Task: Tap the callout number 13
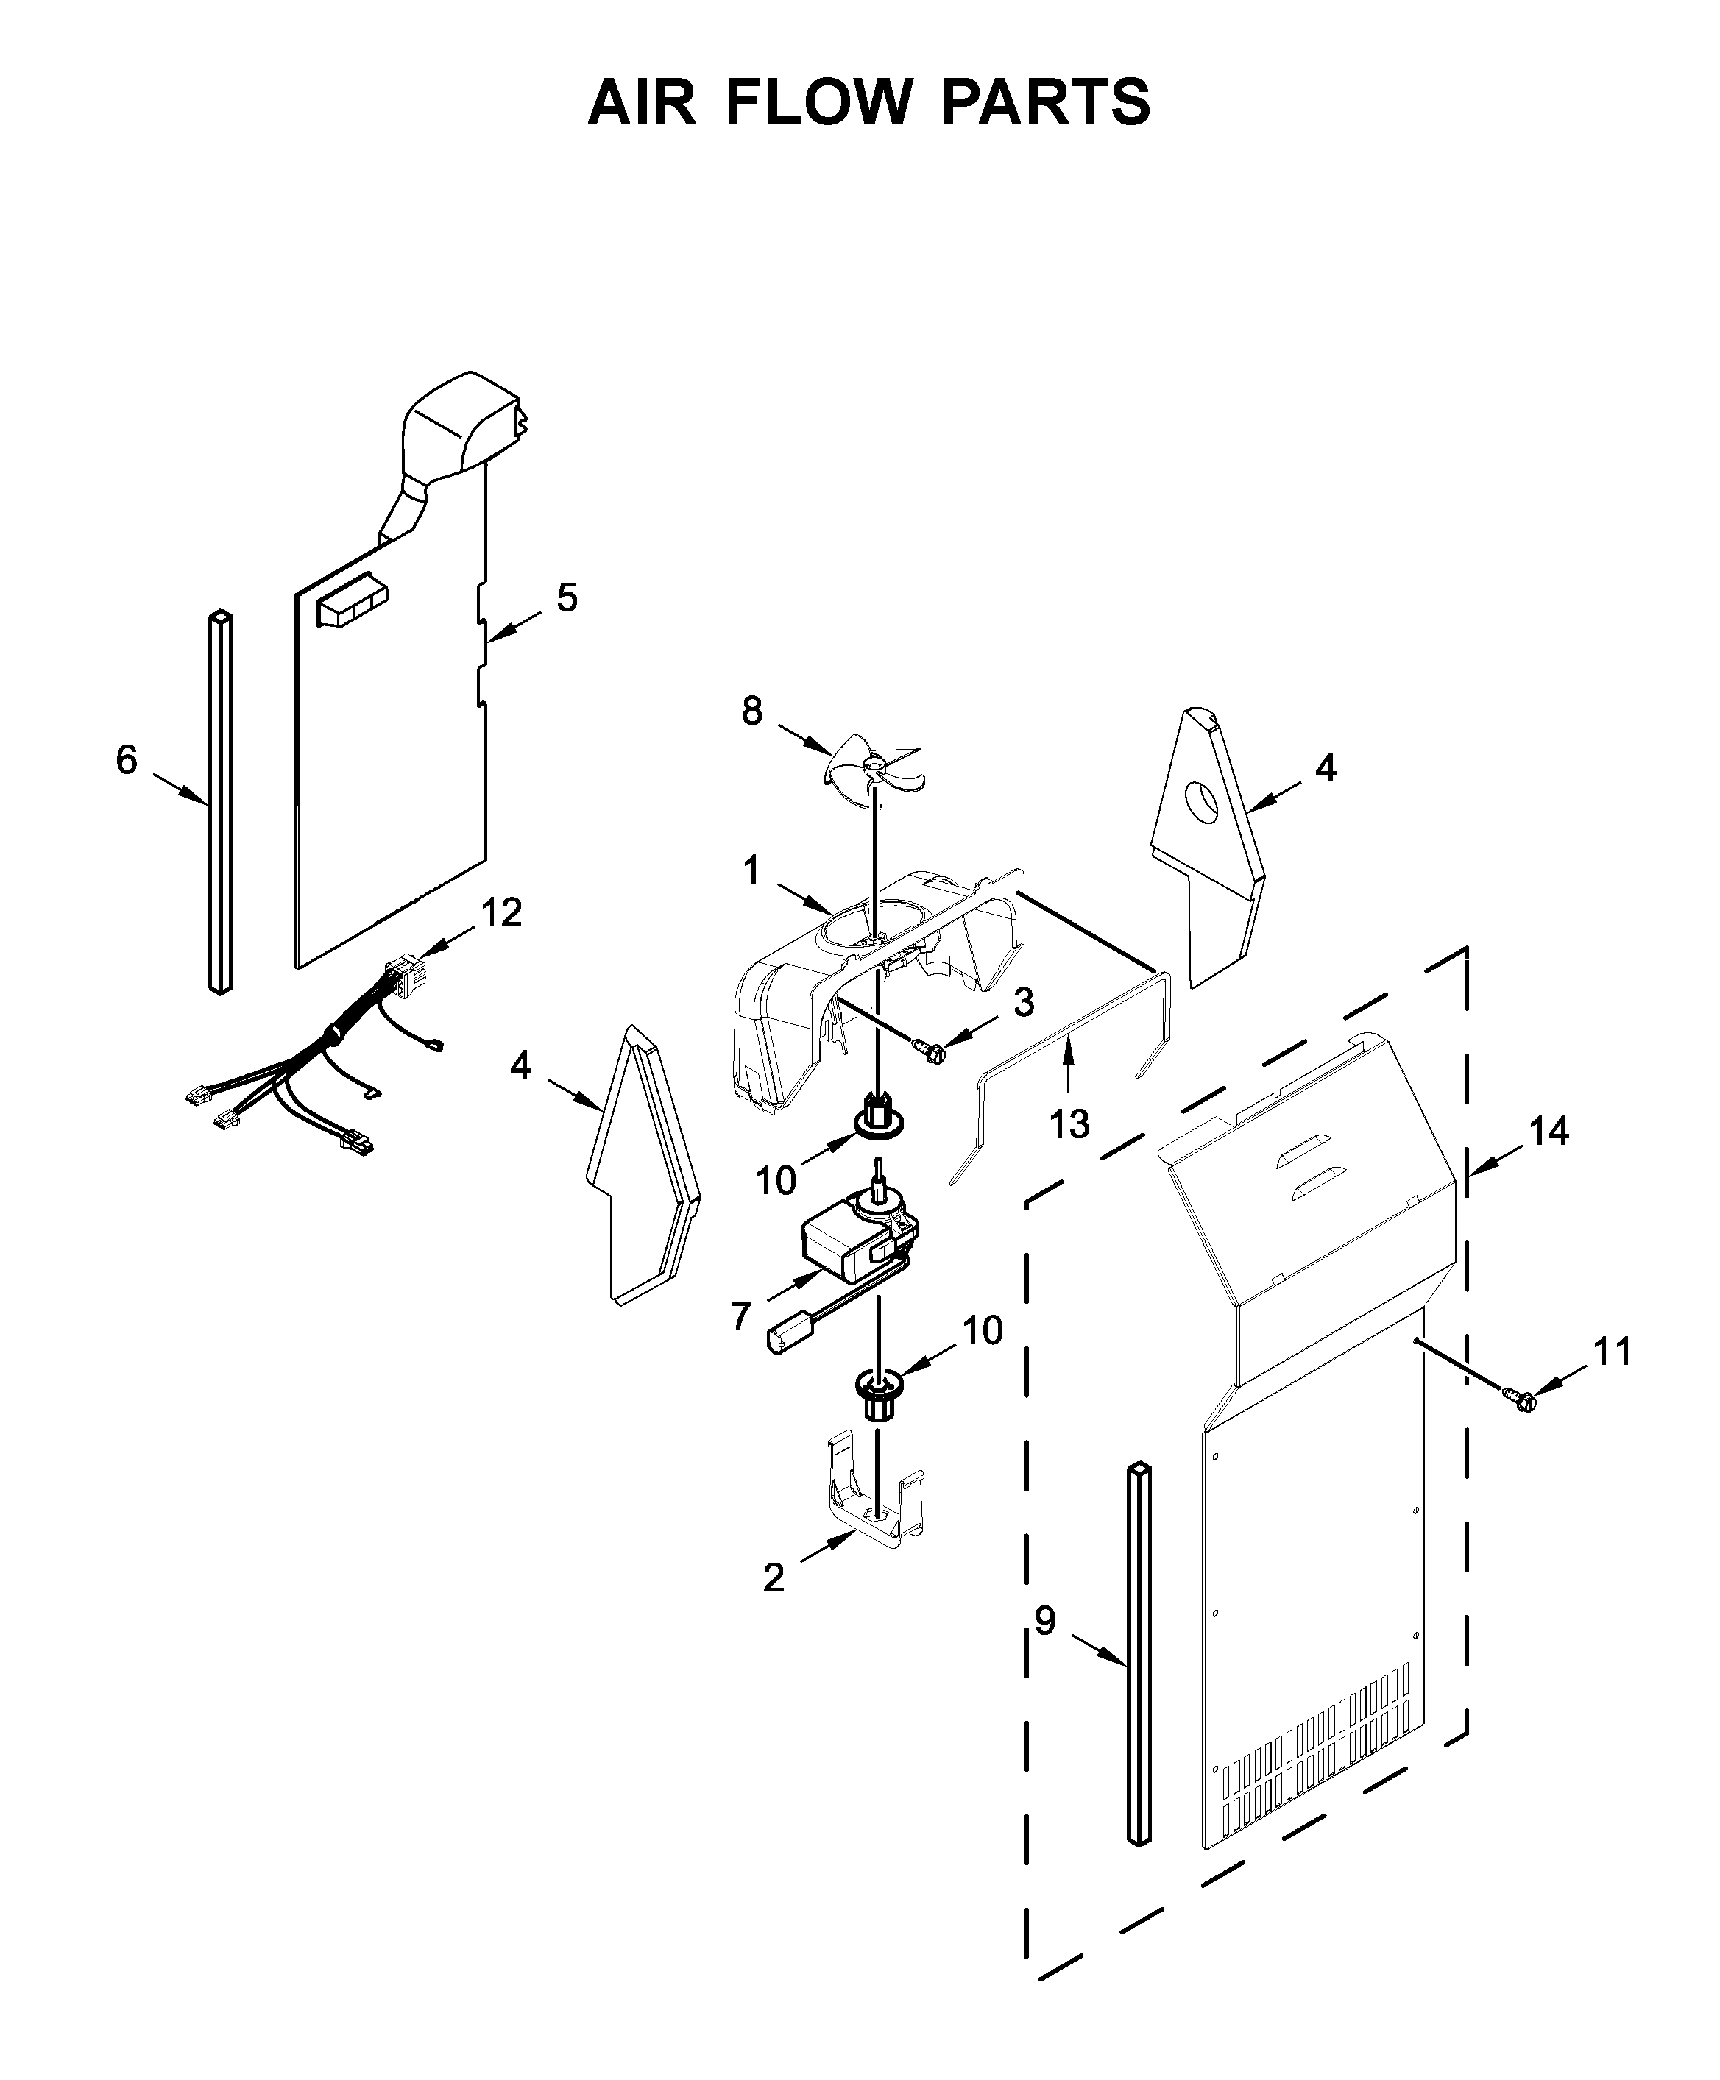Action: pos(1069,1124)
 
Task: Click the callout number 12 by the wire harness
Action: pos(501,912)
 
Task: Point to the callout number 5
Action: pos(566,598)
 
